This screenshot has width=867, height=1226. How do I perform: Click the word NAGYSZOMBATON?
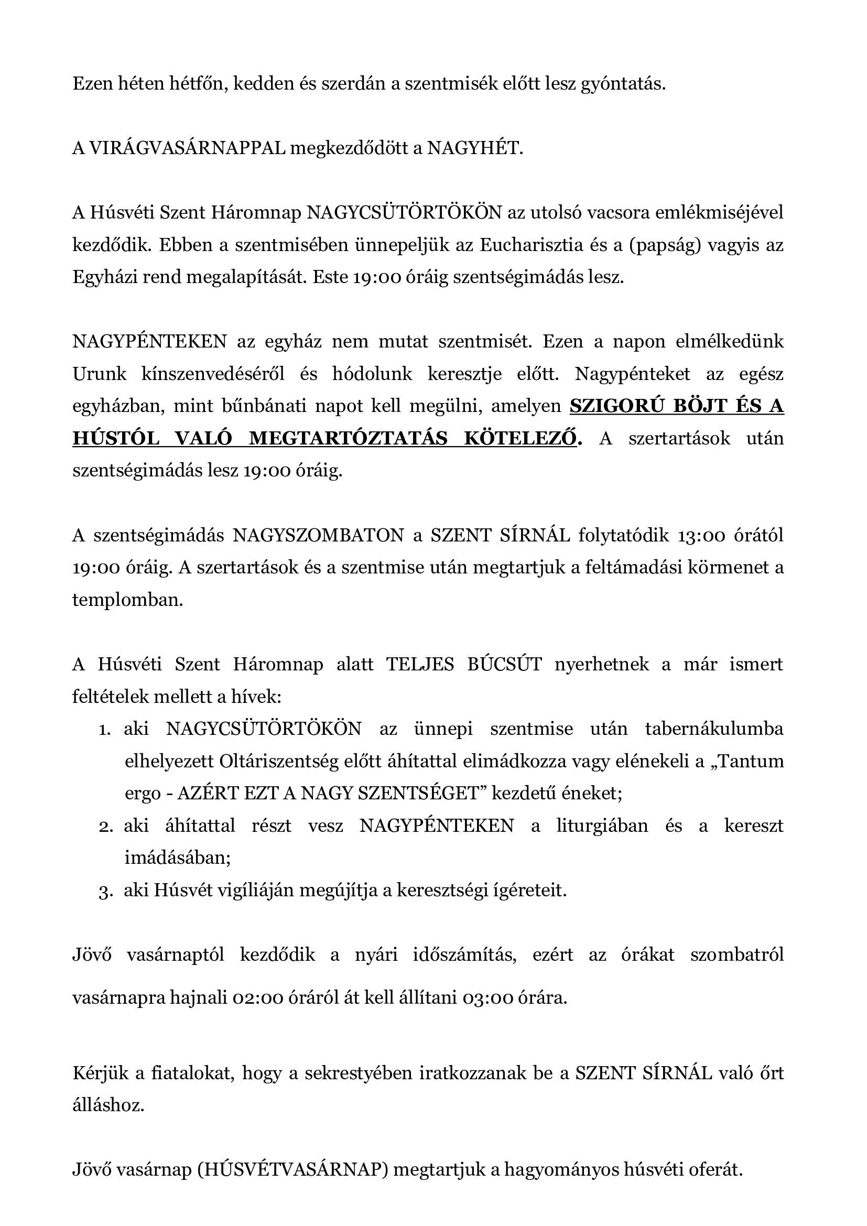click(x=318, y=535)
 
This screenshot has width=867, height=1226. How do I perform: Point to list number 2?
click(x=106, y=826)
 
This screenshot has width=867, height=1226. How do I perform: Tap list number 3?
click(x=105, y=891)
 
